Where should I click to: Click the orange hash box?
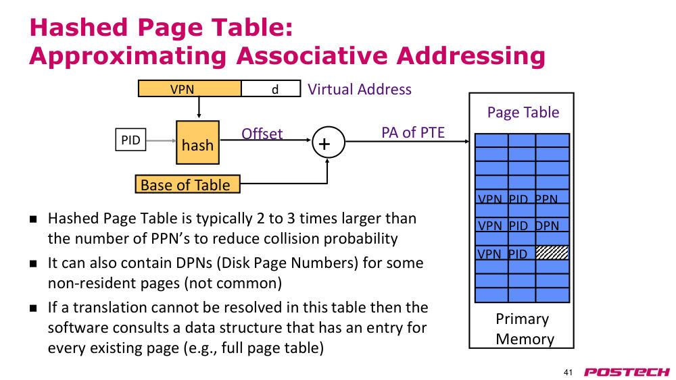click(197, 142)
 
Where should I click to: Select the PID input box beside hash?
click(130, 140)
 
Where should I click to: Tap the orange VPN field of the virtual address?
click(190, 88)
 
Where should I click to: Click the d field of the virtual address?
click(271, 88)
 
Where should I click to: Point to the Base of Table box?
click(187, 184)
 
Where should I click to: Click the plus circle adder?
click(328, 142)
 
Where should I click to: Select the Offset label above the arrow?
click(262, 134)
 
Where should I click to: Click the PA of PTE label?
click(413, 132)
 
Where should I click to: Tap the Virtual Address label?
click(360, 89)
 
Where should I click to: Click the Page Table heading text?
click(523, 112)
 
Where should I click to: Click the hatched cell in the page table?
click(552, 252)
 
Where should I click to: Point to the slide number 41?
click(569, 373)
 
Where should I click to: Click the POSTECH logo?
click(627, 372)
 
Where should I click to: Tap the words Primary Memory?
click(524, 329)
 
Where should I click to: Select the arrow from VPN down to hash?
click(199, 107)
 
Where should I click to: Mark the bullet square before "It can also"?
click(33, 263)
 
